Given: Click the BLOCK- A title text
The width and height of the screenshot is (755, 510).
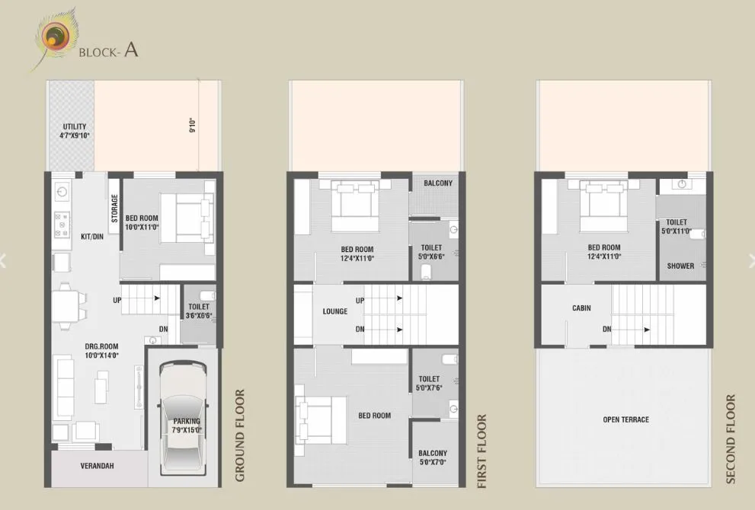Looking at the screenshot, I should coord(108,51).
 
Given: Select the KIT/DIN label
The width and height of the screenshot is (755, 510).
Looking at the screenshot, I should coord(91,237).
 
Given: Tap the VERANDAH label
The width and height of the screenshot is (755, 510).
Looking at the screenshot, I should coord(97,466).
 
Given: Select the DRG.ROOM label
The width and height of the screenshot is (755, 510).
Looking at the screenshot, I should coord(101,350).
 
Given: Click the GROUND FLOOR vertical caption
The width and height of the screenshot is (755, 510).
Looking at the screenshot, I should coord(239,435).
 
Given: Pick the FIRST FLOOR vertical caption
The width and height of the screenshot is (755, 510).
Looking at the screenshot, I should coord(481,451).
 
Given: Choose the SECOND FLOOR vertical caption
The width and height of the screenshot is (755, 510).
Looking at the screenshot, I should coord(731,438).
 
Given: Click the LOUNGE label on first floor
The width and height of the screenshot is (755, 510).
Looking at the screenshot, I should coord(334,311).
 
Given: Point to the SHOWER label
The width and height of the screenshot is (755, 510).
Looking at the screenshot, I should coord(680,266).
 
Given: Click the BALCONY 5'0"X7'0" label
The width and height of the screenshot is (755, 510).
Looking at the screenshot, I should coord(433,457).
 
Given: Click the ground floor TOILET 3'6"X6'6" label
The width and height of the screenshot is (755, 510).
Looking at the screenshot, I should coord(199,312).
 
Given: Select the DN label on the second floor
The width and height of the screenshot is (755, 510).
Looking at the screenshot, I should coord(606,329).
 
